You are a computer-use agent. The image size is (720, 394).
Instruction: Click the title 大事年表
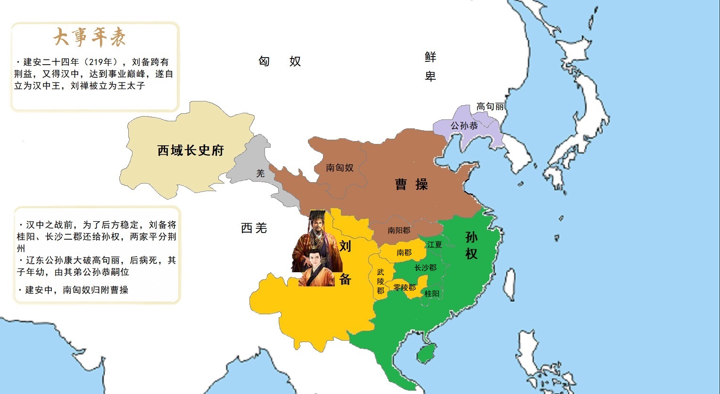[x=90, y=37]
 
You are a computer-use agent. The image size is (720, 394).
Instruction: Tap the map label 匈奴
[x=280, y=61]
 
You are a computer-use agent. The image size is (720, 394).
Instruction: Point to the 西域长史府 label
[x=190, y=151]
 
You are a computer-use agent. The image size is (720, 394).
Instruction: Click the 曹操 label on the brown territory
[x=411, y=184]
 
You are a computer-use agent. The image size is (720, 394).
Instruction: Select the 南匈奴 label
[x=339, y=168]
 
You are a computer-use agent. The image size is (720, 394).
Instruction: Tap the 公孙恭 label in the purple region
[x=464, y=126]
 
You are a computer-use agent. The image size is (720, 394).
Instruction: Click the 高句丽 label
[x=489, y=107]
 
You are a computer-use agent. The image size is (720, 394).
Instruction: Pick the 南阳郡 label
[x=399, y=230]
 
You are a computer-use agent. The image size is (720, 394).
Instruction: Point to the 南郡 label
[x=404, y=252]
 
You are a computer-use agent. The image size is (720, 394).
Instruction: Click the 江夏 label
[x=435, y=244]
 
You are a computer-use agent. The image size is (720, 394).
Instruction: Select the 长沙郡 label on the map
[x=425, y=268]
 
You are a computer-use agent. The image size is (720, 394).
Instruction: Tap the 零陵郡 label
[x=405, y=287]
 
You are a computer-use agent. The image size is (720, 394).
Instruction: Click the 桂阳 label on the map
[x=432, y=293]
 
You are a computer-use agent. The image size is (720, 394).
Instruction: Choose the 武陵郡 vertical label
[x=381, y=281]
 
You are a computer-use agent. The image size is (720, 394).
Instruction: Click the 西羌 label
[x=254, y=228]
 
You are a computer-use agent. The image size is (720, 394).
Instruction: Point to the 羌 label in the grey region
[x=260, y=174]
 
